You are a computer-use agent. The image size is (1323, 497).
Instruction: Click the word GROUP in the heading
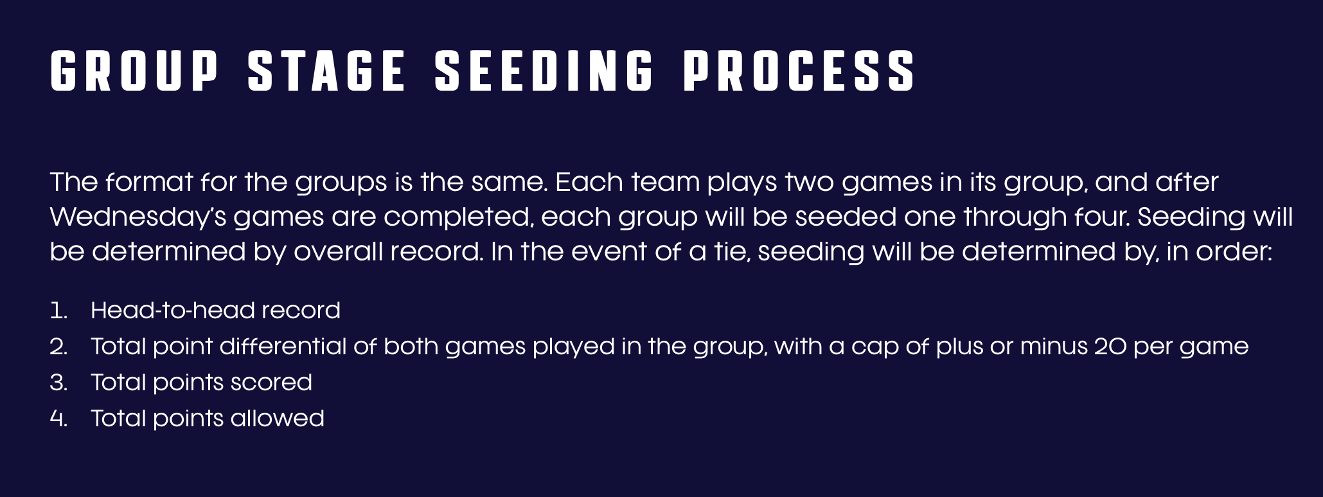(x=134, y=71)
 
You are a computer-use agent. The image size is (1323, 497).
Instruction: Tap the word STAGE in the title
(x=326, y=71)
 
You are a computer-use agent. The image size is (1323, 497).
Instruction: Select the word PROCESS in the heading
(x=799, y=71)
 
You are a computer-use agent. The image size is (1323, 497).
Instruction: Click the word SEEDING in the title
(x=544, y=71)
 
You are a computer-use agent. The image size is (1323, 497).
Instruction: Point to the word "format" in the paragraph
(x=149, y=182)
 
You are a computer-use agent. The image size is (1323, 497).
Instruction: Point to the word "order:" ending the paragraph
(x=1234, y=251)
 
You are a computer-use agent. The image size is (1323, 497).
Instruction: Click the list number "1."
(x=58, y=311)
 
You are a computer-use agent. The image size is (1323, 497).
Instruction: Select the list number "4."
(x=58, y=419)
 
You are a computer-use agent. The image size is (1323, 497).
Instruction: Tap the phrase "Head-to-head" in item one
(x=172, y=310)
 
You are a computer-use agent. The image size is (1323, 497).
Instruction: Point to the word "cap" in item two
(x=875, y=348)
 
